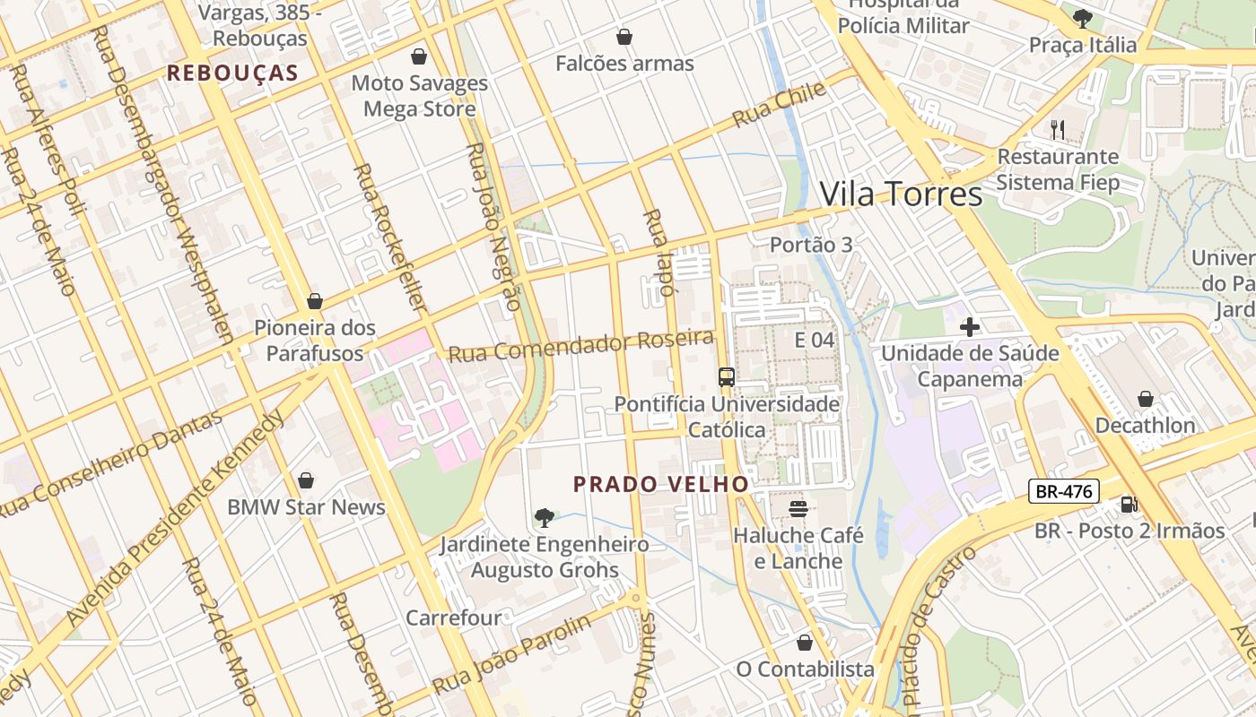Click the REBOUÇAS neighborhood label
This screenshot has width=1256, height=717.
point(232,73)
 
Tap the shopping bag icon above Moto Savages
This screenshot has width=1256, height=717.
point(418,57)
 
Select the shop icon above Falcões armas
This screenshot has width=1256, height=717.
point(624,37)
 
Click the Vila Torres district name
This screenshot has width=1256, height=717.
point(901,194)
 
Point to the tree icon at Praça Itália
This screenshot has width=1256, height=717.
point(1083,18)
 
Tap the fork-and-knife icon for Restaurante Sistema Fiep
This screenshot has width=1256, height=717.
point(1058,130)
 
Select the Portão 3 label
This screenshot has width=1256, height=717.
point(811,245)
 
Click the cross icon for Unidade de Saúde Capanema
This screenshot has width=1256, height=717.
point(969,327)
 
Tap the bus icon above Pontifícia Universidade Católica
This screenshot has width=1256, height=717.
point(727,377)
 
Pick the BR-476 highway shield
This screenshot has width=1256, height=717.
point(1063,491)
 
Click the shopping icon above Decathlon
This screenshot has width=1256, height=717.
point(1145,399)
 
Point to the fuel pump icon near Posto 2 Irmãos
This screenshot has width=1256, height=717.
point(1128,505)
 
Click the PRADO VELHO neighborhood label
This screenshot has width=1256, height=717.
point(661,484)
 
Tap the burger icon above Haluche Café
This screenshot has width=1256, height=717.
point(798,509)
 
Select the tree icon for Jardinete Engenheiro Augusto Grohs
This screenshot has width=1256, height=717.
point(544,517)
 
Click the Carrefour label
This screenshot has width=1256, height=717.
point(453,618)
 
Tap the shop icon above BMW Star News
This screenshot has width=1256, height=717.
point(306,480)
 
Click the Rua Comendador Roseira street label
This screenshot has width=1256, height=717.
point(581,345)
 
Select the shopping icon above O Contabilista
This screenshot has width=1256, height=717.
point(805,643)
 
